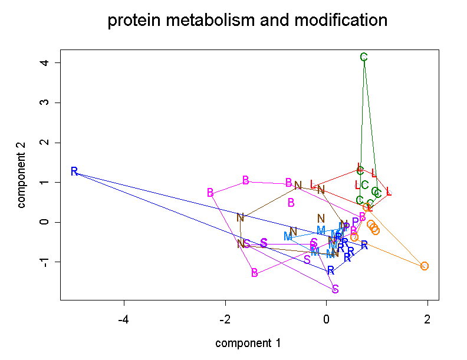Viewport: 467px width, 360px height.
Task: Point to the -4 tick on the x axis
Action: (x=124, y=320)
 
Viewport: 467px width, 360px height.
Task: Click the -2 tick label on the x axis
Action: (x=225, y=320)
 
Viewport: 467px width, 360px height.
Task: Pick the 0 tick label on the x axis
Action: (x=326, y=320)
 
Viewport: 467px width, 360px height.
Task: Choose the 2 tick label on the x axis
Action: (x=427, y=320)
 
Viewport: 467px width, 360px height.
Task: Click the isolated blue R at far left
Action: (x=74, y=171)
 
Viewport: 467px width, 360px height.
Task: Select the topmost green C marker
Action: (x=364, y=57)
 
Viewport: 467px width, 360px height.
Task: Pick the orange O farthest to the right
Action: (x=425, y=266)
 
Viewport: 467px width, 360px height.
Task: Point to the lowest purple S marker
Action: (x=335, y=289)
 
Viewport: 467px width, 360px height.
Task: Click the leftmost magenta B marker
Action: (x=211, y=193)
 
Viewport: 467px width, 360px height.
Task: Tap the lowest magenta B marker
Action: (x=255, y=273)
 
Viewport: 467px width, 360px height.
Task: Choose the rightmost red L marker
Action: (x=389, y=191)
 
